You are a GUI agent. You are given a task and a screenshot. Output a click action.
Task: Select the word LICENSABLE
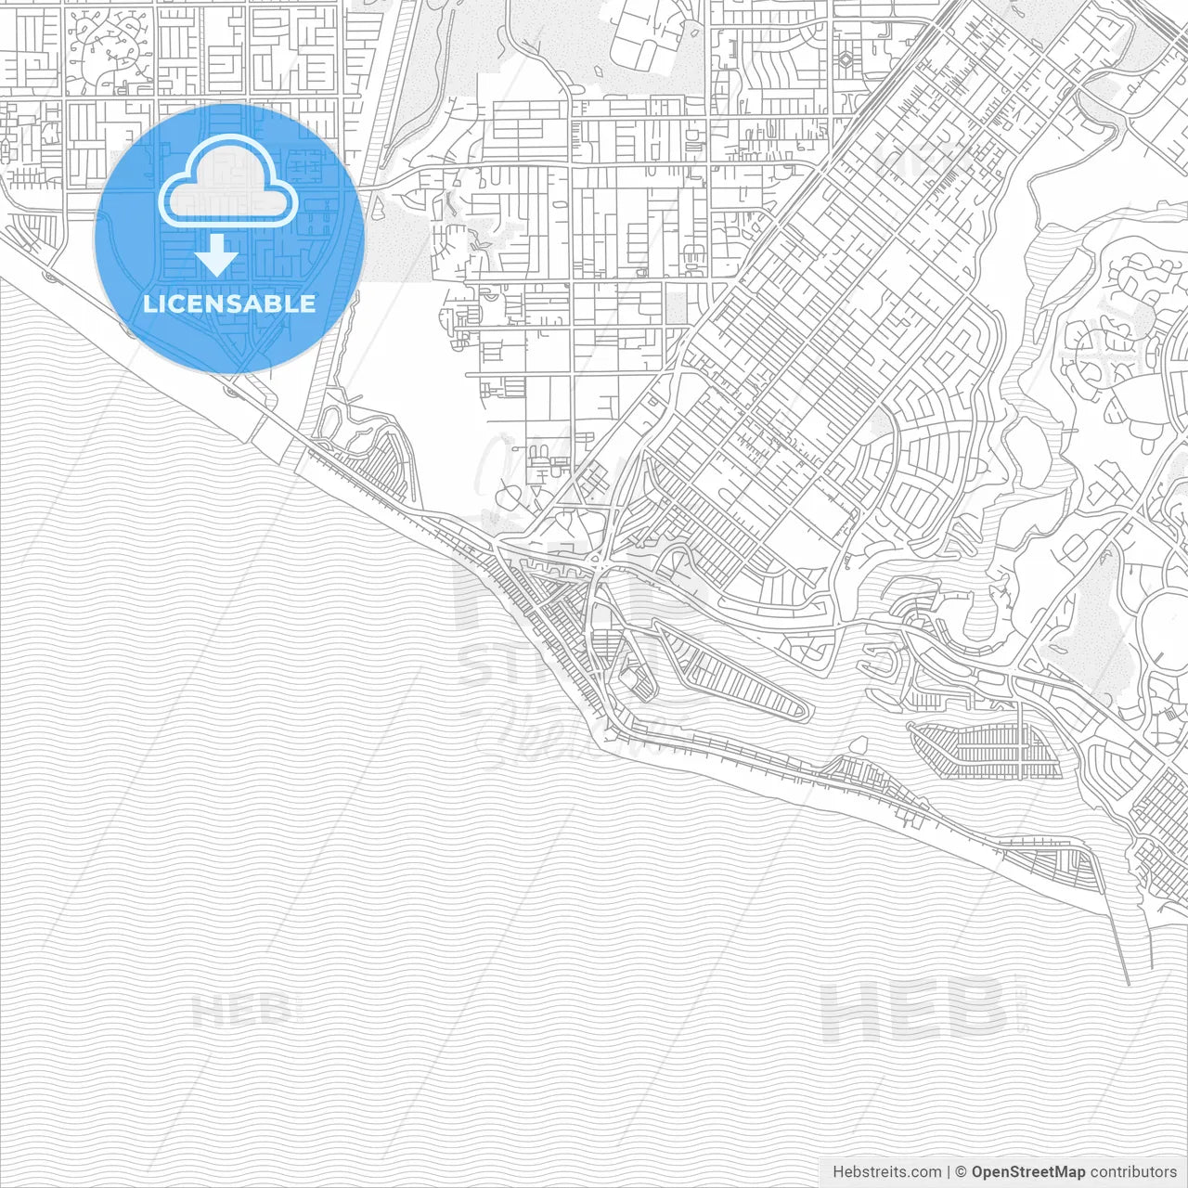(229, 303)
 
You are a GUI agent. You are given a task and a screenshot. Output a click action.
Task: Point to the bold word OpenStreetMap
(1027, 1171)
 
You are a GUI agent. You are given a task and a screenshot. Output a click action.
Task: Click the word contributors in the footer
(1133, 1171)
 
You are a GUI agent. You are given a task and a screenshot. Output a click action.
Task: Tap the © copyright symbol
(962, 1171)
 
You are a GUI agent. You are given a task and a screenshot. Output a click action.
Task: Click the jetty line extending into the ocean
(1118, 937)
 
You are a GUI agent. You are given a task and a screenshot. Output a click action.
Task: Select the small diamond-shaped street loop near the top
(846, 59)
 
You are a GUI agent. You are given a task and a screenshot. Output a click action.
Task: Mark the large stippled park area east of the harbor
(1100, 603)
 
